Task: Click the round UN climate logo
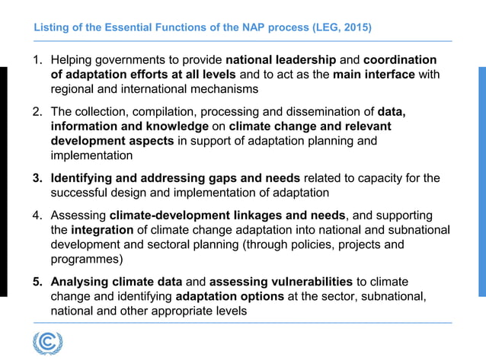tap(48, 342)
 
